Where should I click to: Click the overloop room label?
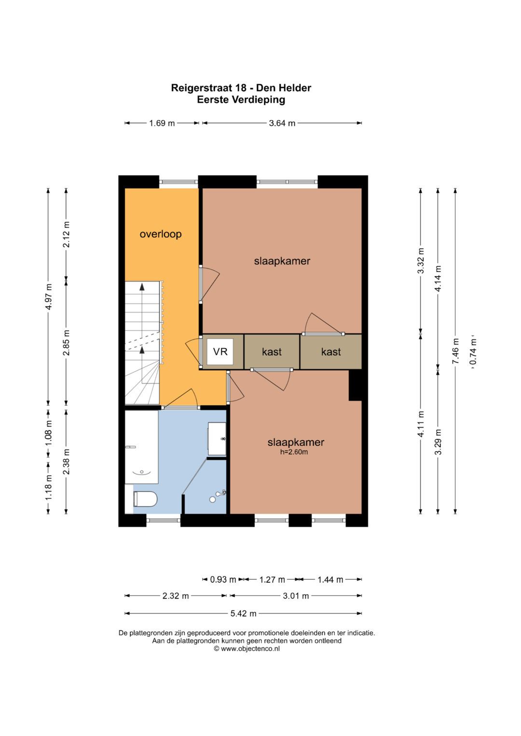(161, 234)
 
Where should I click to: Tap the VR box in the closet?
(220, 351)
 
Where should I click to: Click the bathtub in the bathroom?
(142, 447)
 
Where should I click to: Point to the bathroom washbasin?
(217, 439)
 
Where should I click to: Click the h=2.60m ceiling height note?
(294, 452)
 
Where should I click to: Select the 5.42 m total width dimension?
(243, 614)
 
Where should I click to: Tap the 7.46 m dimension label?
(455, 351)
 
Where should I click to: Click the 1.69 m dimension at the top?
(162, 123)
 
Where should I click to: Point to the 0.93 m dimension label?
(223, 580)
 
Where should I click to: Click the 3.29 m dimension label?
(438, 442)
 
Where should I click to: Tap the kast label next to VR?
(272, 352)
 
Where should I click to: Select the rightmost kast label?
(331, 352)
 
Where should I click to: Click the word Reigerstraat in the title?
(202, 88)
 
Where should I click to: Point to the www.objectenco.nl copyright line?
(247, 649)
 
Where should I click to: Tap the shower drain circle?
(212, 499)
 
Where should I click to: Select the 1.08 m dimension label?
(49, 433)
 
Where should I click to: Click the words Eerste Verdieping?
(241, 100)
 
